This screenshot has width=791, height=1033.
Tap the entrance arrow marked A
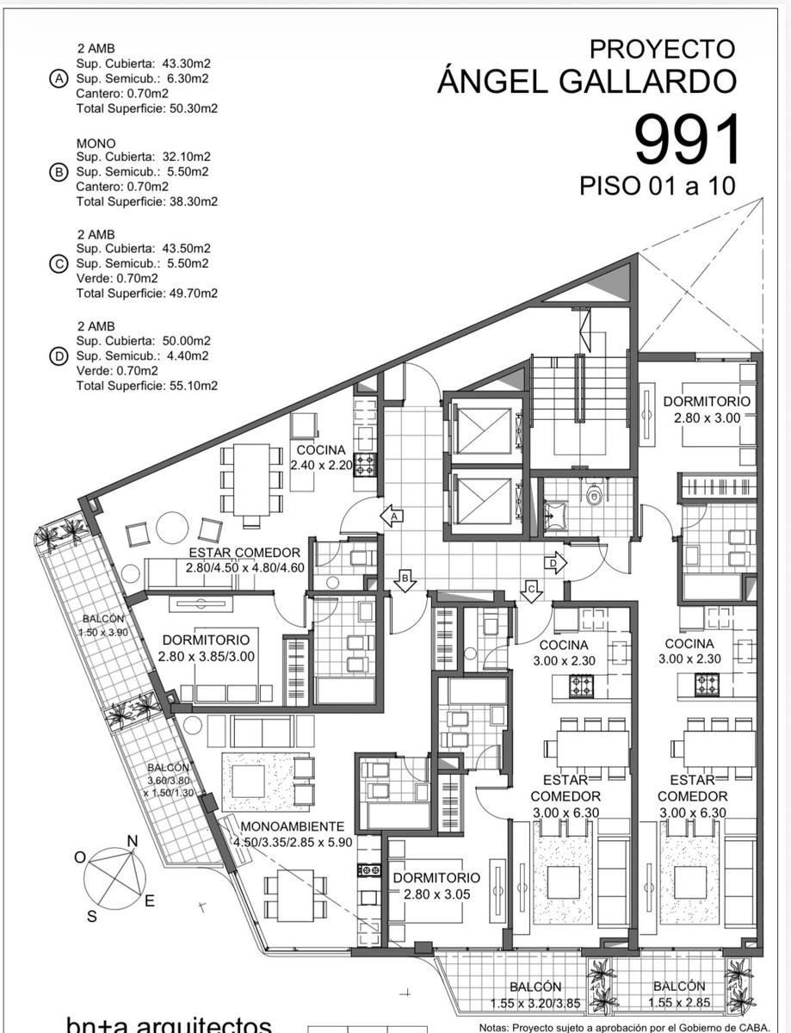click(392, 516)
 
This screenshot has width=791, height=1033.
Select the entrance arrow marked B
click(405, 580)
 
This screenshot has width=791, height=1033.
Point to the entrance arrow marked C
click(531, 591)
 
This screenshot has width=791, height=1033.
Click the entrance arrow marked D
click(555, 563)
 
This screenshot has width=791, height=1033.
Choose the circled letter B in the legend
click(59, 171)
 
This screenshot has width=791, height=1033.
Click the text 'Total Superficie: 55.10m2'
click(147, 386)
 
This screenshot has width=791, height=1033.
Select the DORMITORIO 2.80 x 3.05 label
click(436, 886)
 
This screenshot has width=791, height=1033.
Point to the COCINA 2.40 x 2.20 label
click(321, 457)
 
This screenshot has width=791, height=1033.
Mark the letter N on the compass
click(132, 841)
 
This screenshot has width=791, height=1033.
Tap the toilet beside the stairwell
click(594, 494)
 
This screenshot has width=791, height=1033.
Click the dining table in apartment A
click(252, 479)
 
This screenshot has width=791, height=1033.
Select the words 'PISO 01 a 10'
click(657, 186)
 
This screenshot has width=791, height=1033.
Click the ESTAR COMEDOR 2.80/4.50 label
click(244, 560)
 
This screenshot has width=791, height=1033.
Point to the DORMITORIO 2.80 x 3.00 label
click(707, 409)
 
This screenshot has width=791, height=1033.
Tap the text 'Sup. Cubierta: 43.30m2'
click(143, 63)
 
